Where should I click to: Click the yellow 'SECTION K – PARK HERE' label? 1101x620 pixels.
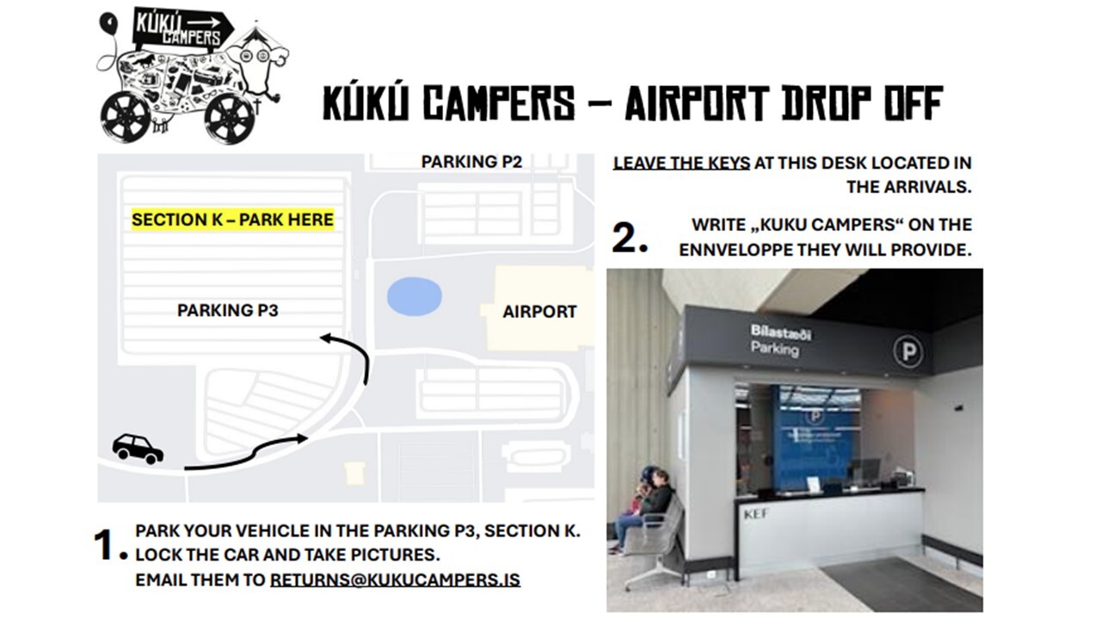click(x=232, y=220)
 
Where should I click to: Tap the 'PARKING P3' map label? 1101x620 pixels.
click(x=228, y=311)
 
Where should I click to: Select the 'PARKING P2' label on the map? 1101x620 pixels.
click(x=471, y=161)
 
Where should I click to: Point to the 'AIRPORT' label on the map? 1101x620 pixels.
click(x=539, y=312)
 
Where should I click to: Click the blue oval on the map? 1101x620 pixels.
click(x=414, y=296)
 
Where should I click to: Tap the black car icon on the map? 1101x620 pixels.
click(x=138, y=449)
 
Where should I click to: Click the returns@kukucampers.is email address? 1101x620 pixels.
click(x=395, y=580)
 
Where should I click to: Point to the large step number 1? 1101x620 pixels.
click(x=109, y=545)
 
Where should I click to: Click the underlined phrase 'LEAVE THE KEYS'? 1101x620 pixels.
click(x=681, y=163)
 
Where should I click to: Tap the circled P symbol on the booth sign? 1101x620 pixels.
click(x=907, y=351)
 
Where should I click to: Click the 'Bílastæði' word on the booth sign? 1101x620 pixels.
click(x=780, y=332)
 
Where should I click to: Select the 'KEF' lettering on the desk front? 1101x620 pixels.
click(x=756, y=515)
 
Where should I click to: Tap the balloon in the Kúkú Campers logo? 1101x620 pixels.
click(x=109, y=22)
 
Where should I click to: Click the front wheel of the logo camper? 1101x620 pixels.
click(x=230, y=118)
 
